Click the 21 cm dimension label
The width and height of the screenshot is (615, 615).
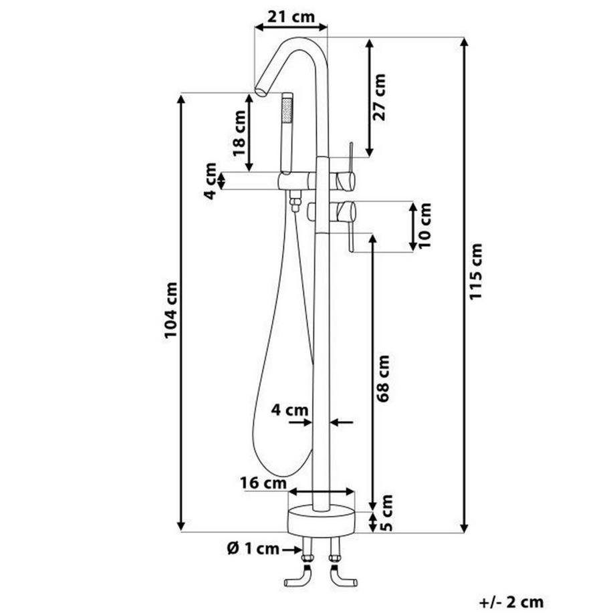pos(290,16)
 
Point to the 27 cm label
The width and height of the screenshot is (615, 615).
pos(380,96)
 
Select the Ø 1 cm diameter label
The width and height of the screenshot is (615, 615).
pos(253,549)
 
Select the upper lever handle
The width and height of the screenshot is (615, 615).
pos(350,159)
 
